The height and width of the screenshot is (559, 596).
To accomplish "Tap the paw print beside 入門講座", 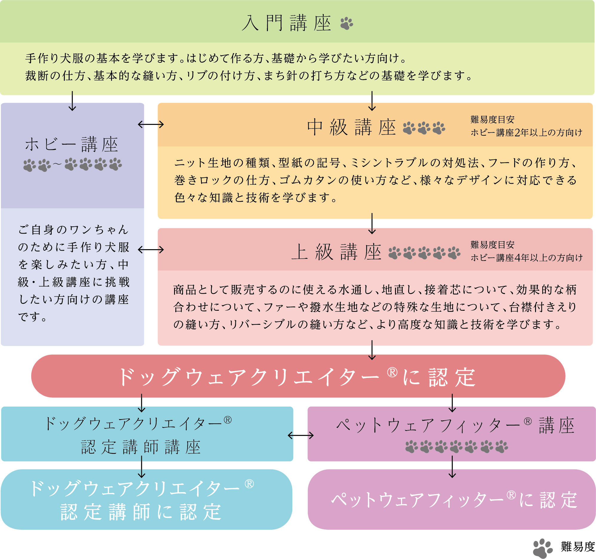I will [347, 23].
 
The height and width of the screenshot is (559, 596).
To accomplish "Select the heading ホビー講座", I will [72, 144].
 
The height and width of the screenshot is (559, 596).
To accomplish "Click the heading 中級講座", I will [351, 127].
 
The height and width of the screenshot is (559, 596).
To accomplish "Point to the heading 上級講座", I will [337, 252].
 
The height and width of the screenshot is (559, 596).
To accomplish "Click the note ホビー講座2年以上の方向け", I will [526, 133].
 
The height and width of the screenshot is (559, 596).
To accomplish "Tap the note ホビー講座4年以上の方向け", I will [526, 258].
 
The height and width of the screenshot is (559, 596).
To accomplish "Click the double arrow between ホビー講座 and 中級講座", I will [151, 125].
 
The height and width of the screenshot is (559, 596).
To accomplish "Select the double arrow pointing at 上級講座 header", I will [151, 249].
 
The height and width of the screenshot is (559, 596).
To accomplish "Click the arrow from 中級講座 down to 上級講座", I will [372, 224].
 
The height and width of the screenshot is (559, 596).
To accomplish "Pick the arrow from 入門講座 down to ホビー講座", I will [72, 101].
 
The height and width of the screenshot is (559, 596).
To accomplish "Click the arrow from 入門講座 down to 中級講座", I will [372, 101].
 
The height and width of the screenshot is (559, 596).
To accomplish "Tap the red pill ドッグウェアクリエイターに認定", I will [298, 376].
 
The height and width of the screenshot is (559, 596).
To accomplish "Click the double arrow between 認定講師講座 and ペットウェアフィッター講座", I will [301, 435].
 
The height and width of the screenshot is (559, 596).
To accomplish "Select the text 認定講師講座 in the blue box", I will [141, 447].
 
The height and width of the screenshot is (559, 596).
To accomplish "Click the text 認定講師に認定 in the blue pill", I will [141, 511].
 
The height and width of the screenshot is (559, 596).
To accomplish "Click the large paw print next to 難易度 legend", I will [543, 548].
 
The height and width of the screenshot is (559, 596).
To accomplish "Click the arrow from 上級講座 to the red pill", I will [372, 350].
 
